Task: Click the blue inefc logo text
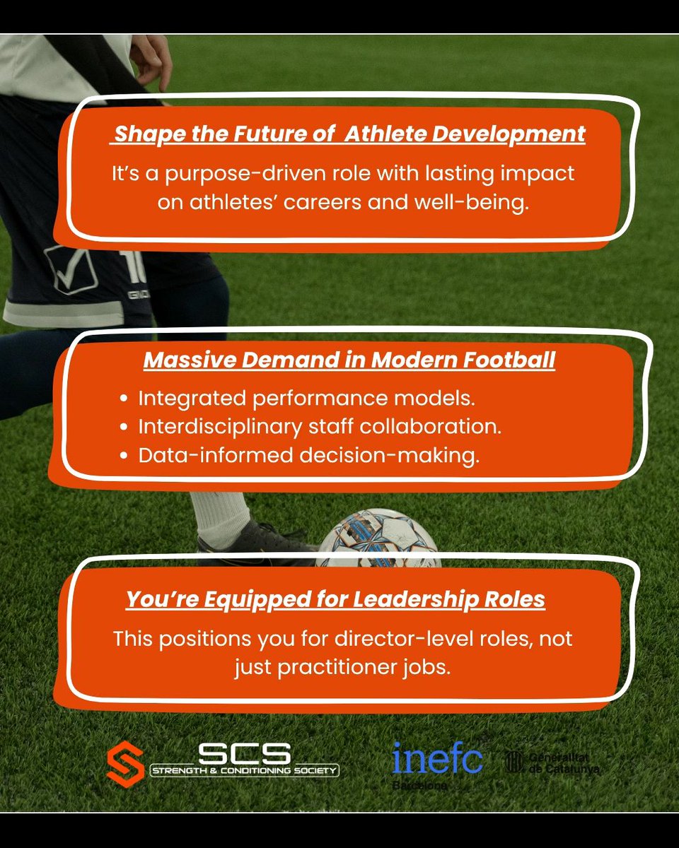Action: coord(438,758)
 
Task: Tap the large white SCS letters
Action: coord(243,753)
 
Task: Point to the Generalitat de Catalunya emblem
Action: coord(513,760)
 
